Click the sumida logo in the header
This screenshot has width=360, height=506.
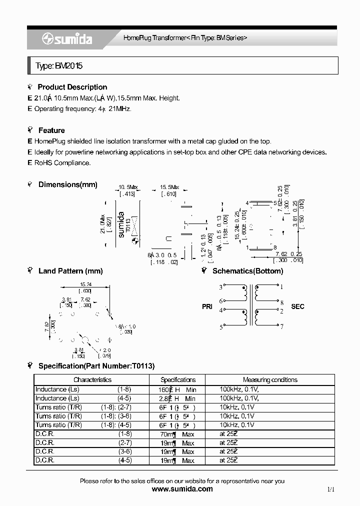click(67, 39)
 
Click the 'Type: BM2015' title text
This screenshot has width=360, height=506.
click(59, 65)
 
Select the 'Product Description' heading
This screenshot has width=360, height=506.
click(72, 87)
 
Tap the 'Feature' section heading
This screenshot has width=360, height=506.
click(51, 130)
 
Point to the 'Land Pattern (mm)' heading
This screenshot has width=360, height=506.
click(70, 271)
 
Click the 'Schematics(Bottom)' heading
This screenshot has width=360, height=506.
click(247, 271)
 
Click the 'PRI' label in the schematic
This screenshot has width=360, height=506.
click(207, 306)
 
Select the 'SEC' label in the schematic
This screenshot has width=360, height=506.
click(297, 306)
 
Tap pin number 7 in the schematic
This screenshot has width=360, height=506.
click(281, 327)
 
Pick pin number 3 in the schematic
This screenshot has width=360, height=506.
click(220, 287)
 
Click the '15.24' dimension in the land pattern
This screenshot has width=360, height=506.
click(84, 285)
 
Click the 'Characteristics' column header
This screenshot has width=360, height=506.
click(92, 379)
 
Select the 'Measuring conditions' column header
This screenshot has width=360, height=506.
click(269, 379)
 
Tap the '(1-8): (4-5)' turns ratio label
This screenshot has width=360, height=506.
click(116, 425)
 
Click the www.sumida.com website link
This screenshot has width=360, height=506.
click(181, 489)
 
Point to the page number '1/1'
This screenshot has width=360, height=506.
click(330, 489)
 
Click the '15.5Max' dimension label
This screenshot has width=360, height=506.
click(169, 187)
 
